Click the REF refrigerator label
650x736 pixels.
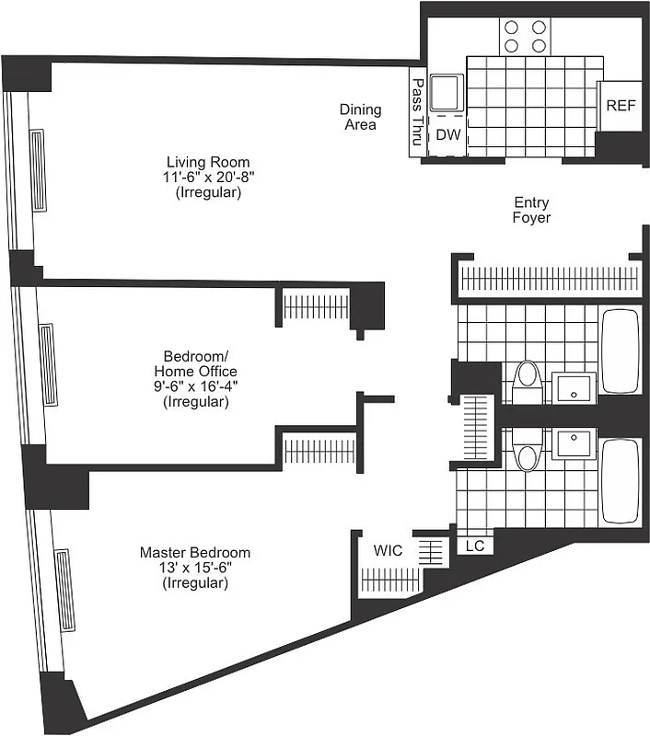pos(621,105)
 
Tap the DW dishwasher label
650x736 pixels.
pos(447,134)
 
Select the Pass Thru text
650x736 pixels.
pos(417,112)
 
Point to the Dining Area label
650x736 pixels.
pos(360,117)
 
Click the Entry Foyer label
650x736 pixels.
pos(532,210)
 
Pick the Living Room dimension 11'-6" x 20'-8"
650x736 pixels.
pos(208,178)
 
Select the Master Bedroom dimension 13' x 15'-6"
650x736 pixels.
pos(195,568)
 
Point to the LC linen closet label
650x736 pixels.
pos(475,546)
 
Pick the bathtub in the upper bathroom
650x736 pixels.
pos(619,351)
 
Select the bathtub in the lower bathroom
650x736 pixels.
pos(619,480)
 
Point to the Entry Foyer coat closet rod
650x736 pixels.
pos(547,279)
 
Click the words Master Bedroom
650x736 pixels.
pos(195,552)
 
